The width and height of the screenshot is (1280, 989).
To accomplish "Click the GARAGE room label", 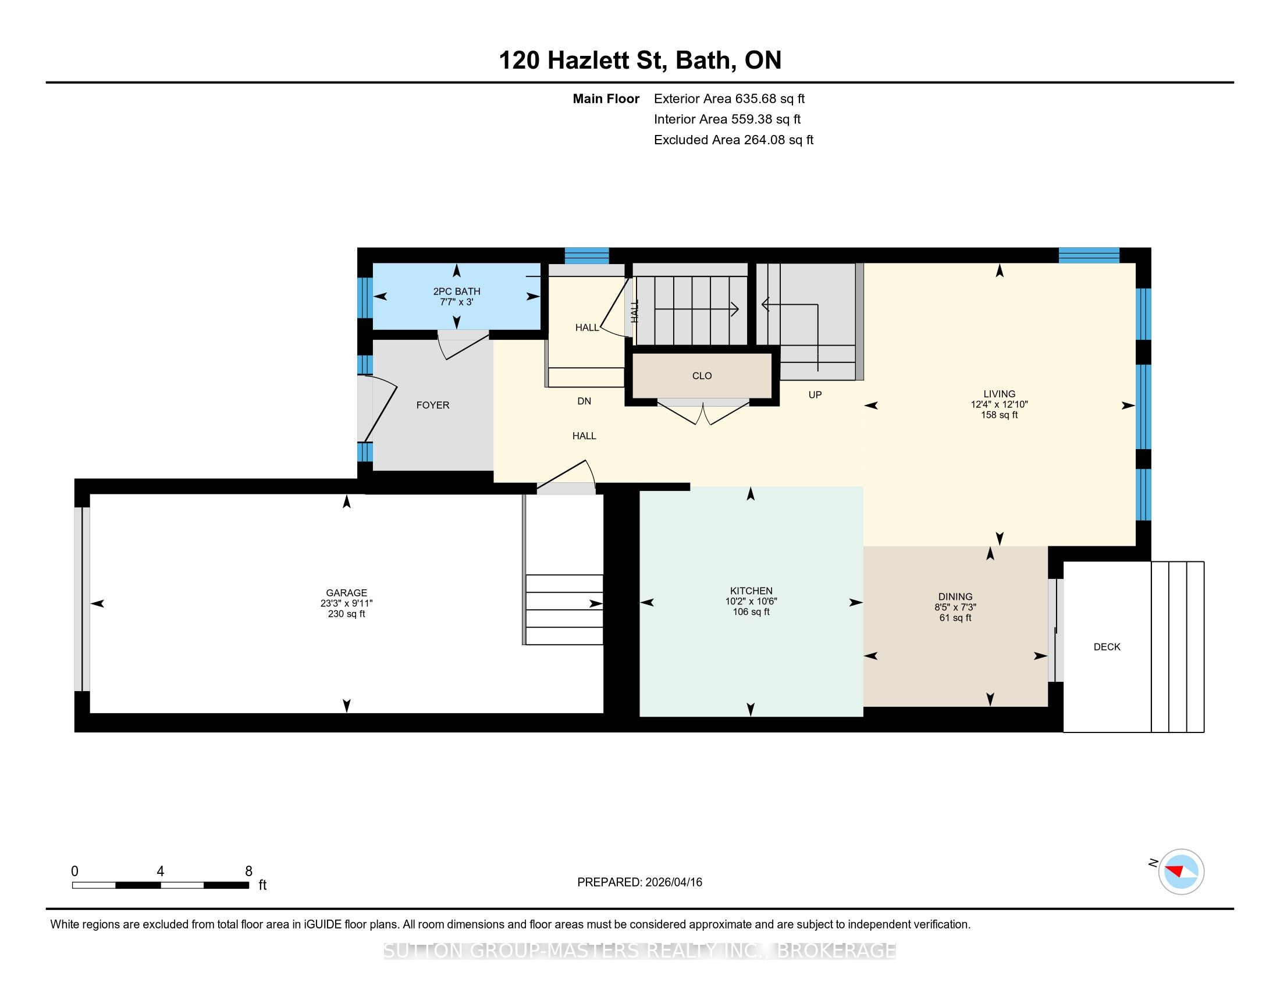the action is [346, 593].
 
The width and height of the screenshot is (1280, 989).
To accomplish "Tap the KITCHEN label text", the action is [751, 590].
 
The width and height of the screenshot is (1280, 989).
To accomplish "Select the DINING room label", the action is [955, 596].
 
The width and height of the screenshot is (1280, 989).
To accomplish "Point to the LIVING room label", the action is [999, 394].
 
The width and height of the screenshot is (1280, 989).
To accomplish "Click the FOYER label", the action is [432, 405].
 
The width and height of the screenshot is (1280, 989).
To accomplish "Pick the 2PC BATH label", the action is [457, 291].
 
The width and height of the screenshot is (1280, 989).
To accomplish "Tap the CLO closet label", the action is [702, 376].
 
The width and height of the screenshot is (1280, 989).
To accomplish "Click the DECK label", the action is [1107, 647].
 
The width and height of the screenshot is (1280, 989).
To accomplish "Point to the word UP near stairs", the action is [815, 395].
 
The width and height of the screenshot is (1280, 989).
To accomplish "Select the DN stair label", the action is [584, 401].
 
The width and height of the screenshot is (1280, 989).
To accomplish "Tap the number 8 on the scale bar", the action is [248, 871].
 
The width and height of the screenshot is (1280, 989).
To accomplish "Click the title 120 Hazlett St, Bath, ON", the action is [640, 60].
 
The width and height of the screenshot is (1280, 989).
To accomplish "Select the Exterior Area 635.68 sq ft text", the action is [729, 98].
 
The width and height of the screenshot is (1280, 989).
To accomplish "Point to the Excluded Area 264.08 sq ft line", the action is [734, 140].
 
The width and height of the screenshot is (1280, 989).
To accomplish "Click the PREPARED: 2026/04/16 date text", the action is [639, 882].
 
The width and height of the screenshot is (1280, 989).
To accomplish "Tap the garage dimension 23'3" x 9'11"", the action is [346, 603].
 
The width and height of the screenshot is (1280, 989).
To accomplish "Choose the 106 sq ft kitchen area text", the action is [751, 611].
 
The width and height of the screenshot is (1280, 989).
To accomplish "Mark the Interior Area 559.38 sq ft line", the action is [727, 119].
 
